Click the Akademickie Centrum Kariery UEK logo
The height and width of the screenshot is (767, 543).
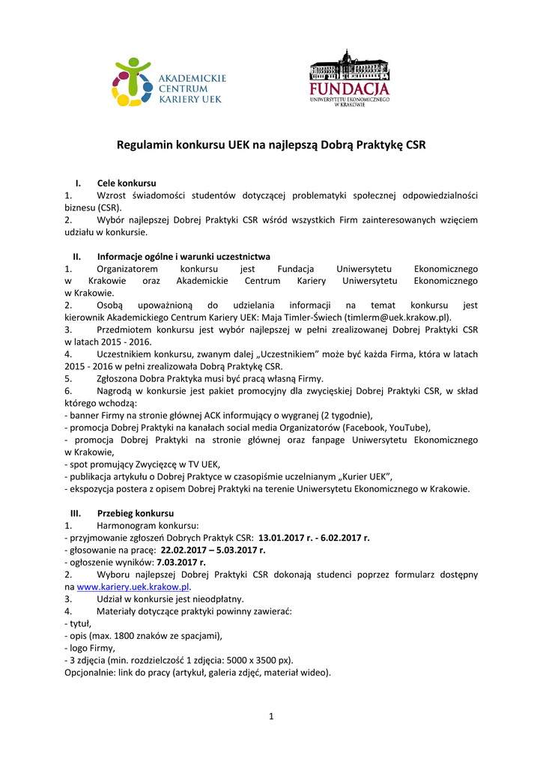168,82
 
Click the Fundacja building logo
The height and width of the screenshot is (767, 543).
350,79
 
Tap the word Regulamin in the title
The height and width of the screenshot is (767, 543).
144,145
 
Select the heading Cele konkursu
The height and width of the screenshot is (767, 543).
127,184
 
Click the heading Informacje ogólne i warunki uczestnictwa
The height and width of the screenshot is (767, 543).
183,256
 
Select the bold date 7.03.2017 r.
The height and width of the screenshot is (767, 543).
181,562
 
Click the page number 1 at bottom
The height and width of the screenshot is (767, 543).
271,716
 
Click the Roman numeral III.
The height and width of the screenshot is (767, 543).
76,513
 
